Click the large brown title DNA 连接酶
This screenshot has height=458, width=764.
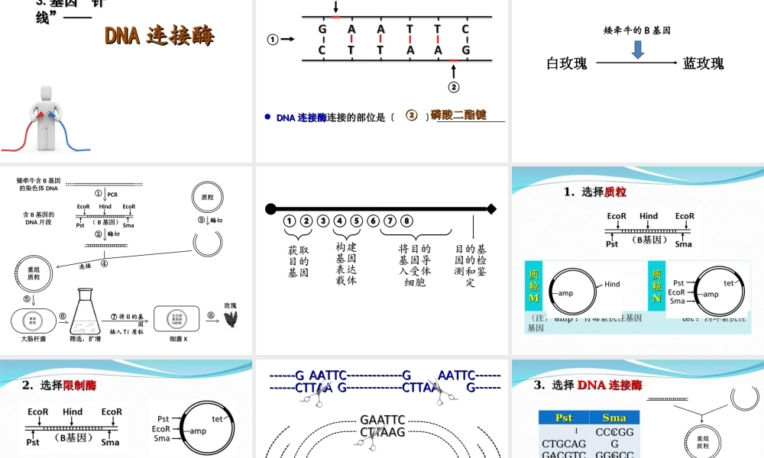160,36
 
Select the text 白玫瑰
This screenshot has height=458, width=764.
567,64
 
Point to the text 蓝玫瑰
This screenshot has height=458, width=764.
703,64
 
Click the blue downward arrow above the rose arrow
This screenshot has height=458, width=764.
638,50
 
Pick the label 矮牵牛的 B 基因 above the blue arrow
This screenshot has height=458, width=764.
637,31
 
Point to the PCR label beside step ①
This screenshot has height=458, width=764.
112,195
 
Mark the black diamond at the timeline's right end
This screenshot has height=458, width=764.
491,208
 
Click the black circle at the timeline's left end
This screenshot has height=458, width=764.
270,208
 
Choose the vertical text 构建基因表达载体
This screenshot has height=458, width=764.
346,263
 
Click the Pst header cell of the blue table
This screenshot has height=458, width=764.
564,418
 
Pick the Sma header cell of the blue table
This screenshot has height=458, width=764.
614,418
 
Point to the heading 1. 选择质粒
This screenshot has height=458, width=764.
595,192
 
